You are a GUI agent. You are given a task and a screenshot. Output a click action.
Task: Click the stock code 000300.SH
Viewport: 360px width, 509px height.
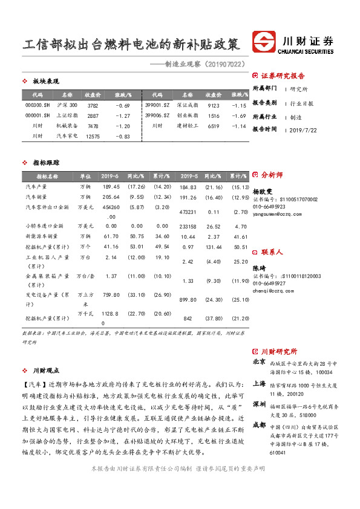tap(38, 106)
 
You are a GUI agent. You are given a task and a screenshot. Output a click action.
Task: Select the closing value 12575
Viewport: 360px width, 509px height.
tap(93, 137)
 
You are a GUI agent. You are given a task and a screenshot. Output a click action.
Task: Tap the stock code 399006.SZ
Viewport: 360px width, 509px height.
tap(157, 115)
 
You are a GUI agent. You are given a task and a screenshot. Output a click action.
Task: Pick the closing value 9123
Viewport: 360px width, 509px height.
tap(214, 106)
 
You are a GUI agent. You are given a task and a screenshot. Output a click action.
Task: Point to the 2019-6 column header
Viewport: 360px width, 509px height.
tap(110, 177)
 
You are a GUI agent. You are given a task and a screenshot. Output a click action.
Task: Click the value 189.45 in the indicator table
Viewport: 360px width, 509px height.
tap(111, 187)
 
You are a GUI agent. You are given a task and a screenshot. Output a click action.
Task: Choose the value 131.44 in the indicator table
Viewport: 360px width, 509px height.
tap(213, 247)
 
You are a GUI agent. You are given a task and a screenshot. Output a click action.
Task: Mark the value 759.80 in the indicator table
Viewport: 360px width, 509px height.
tap(111, 295)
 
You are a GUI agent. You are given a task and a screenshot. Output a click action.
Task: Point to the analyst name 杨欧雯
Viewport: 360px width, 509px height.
tap(263, 190)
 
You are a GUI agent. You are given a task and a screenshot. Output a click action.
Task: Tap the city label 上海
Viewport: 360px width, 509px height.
tap(259, 383)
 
